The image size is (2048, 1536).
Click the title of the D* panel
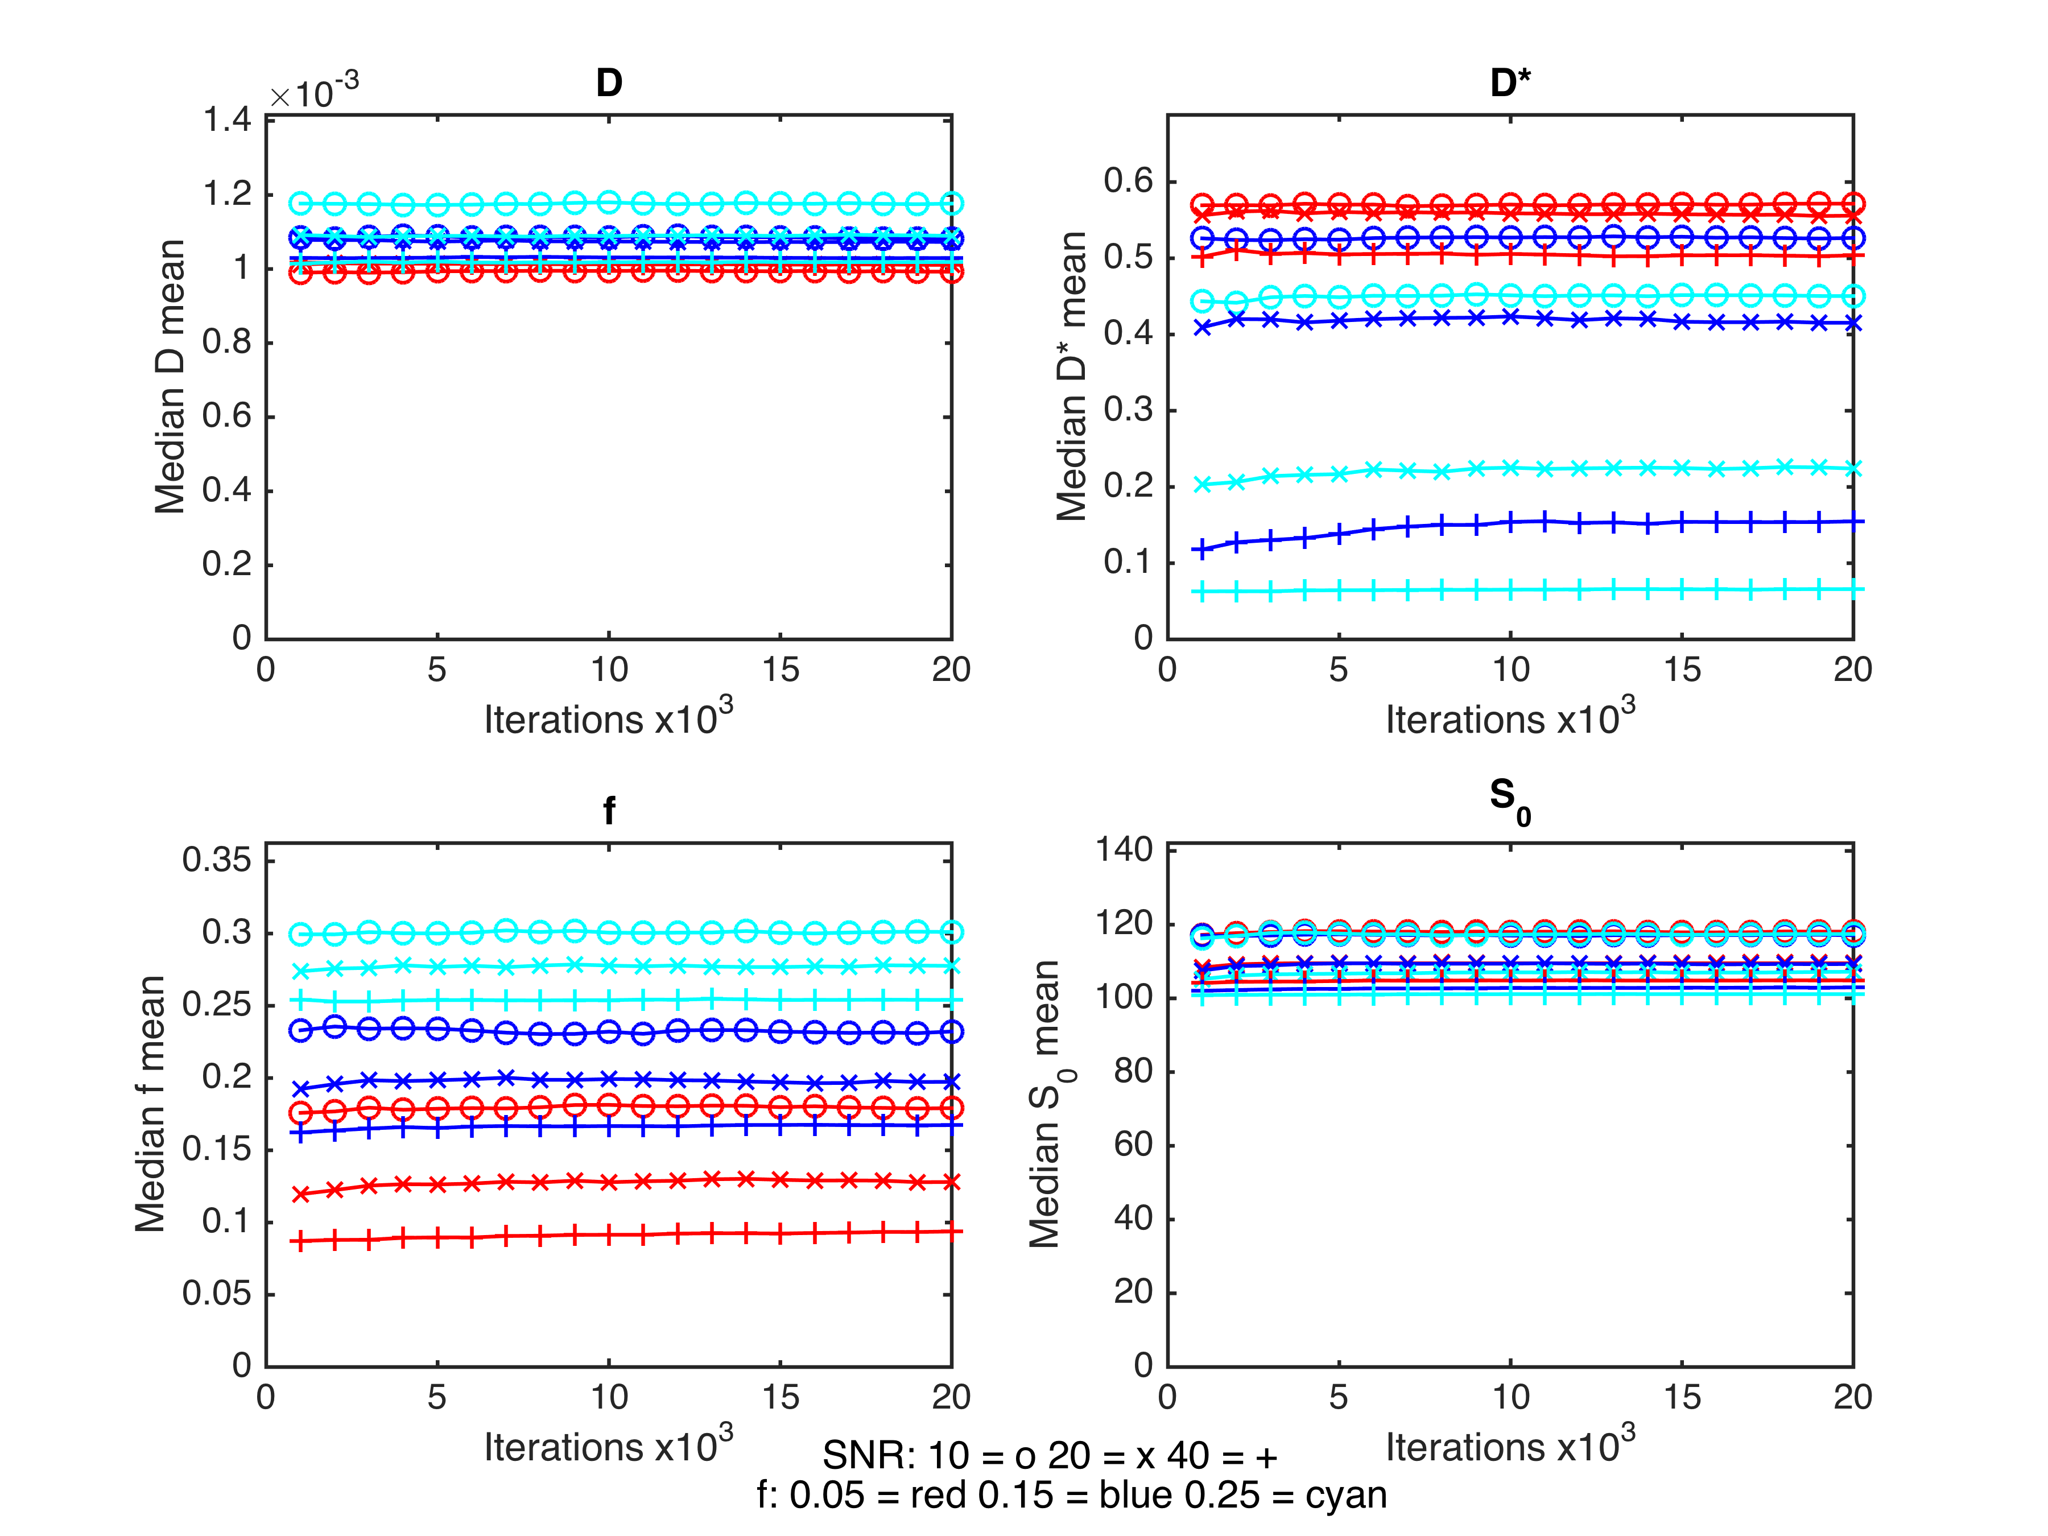point(1509,83)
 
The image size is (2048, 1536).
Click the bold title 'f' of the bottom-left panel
point(609,811)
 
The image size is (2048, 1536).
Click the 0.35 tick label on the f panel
point(217,860)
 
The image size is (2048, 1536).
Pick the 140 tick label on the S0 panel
point(1124,849)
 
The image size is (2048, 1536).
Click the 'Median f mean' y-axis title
point(150,1104)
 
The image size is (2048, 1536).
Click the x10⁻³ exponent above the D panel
point(314,93)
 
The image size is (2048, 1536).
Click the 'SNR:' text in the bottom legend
point(869,1456)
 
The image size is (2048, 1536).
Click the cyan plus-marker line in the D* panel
point(1527,590)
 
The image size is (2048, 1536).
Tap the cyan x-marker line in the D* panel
point(1527,469)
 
